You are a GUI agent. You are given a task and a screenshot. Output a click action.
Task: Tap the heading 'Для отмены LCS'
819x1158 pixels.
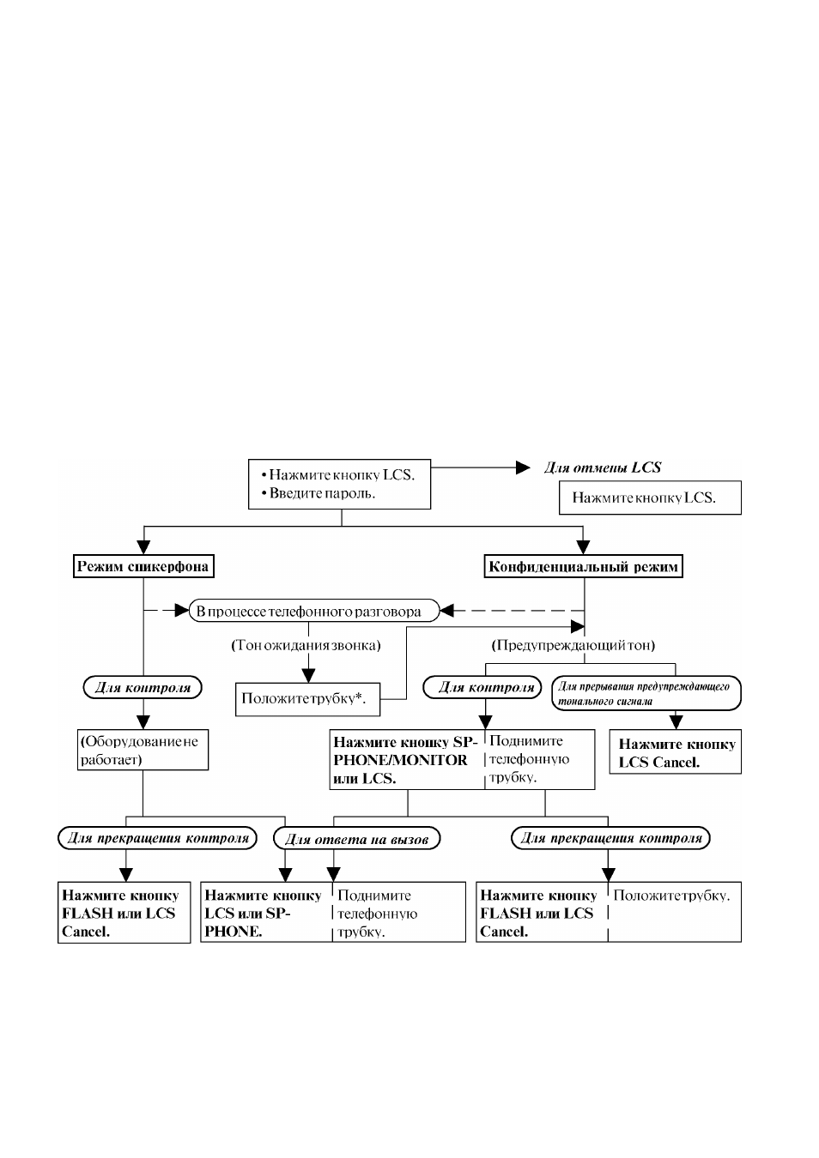[x=602, y=467]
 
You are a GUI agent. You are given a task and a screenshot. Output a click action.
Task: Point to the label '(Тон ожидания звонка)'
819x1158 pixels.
[x=306, y=645]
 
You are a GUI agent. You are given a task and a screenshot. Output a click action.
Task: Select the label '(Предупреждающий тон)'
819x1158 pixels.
[x=573, y=645]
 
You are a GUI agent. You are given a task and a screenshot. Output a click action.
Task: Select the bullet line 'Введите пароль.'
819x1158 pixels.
[x=318, y=493]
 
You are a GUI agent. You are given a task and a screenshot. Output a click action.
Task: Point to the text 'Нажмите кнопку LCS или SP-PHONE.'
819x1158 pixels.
[x=264, y=914]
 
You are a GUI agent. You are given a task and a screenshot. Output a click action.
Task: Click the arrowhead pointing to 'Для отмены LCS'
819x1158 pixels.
[x=523, y=467]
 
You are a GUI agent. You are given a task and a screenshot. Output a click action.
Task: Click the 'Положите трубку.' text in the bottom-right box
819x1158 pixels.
[x=671, y=896]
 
